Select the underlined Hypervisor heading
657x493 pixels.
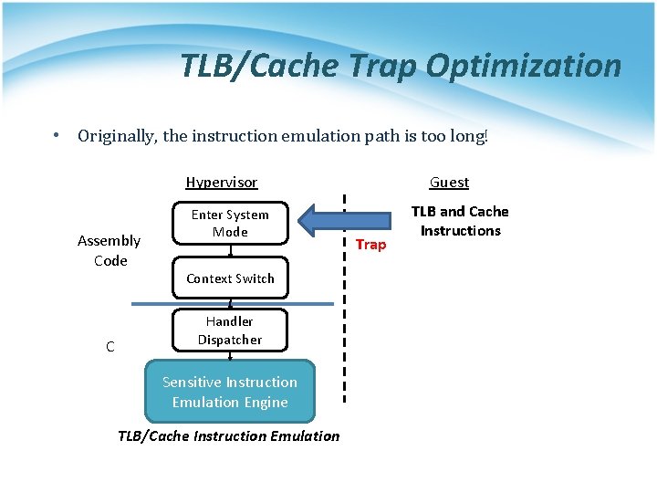tap(222, 182)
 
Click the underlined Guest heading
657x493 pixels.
tap(449, 182)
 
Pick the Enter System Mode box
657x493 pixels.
tap(230, 223)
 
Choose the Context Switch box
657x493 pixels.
tap(230, 278)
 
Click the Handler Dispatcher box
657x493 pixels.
tap(230, 330)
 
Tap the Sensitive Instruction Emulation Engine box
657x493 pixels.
tap(230, 393)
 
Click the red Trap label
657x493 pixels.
tap(370, 245)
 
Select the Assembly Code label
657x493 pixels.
tap(109, 250)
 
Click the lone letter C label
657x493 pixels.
tap(109, 347)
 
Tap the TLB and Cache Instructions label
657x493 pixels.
tap(460, 221)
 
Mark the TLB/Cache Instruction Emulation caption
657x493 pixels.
tap(228, 435)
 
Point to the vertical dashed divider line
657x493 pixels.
tap(344, 347)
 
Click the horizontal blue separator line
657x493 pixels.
tap(155, 303)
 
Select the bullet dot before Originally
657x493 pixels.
tap(57, 136)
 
